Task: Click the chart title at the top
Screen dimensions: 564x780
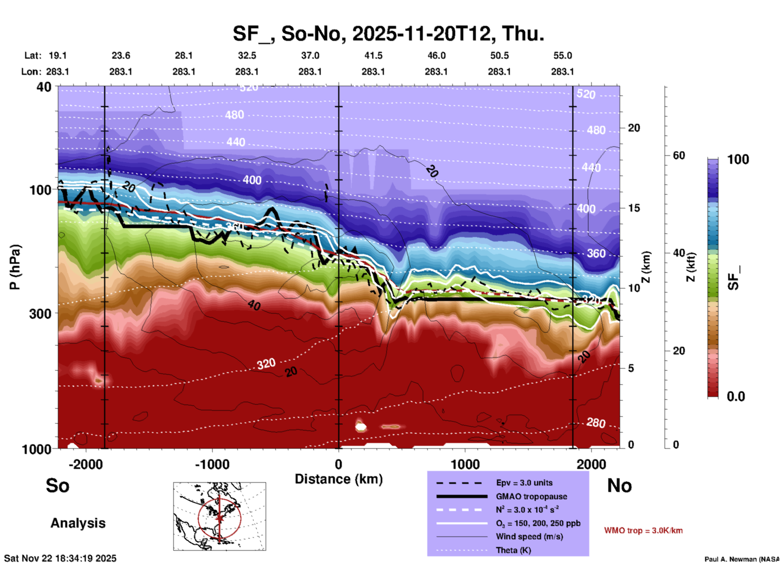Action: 388,34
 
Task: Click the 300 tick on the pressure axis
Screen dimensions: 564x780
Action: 40,314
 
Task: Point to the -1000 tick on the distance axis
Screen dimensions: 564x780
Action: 212,464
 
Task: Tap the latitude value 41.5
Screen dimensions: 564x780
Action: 373,55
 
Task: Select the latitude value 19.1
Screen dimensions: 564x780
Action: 58,55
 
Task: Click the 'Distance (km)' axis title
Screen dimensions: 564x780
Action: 339,479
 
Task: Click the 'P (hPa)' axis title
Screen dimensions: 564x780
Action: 15,267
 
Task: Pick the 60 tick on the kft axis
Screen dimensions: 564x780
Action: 679,155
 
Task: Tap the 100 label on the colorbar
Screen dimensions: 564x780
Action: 738,159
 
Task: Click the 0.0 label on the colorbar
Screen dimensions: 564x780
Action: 736,396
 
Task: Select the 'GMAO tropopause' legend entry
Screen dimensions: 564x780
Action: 531,496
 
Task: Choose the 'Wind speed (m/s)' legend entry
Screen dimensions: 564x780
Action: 529,536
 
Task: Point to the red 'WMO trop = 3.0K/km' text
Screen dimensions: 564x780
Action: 643,530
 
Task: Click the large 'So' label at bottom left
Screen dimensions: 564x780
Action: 58,486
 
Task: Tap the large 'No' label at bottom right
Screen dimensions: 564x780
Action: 619,486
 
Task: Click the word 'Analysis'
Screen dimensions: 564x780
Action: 78,523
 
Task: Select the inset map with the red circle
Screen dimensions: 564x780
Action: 220,516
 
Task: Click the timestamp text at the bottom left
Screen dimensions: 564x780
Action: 60,558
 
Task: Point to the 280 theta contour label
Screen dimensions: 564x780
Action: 596,423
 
